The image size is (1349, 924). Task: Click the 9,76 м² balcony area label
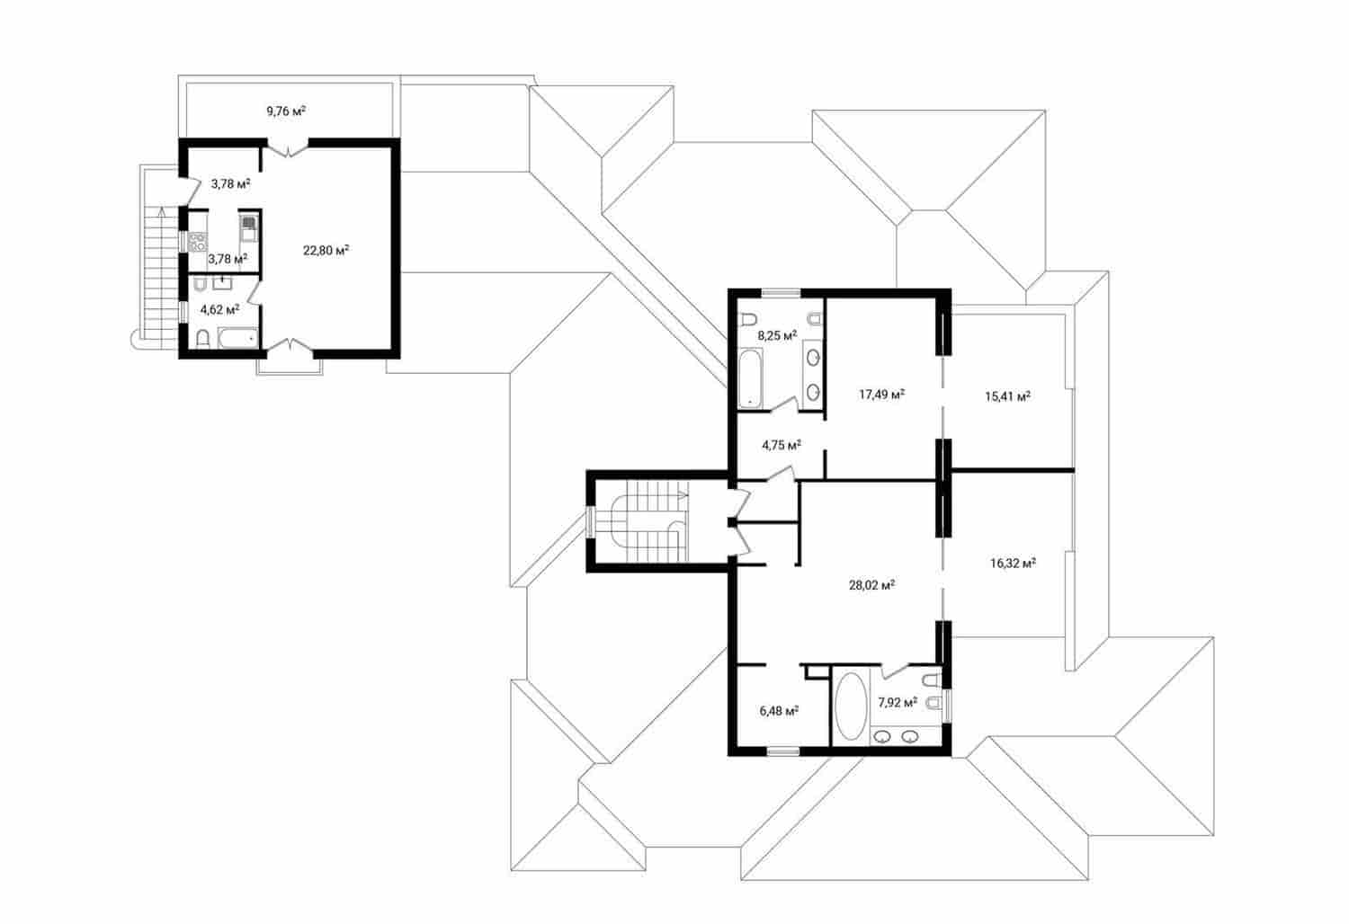point(285,111)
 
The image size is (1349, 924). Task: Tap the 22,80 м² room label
point(326,251)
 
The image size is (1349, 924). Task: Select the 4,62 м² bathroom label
point(219,309)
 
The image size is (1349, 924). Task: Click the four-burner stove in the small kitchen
point(197,241)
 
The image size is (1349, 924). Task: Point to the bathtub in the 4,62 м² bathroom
point(237,340)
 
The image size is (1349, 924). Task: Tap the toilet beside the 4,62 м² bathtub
point(203,339)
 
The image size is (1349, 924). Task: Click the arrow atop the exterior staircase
point(160,213)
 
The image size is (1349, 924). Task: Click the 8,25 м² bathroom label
point(777,335)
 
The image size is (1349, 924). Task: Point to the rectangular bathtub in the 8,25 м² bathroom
point(750,378)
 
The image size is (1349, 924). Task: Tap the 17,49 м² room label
point(881,395)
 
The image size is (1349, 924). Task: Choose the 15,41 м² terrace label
point(1007,395)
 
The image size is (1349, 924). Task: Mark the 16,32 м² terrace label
point(1013,564)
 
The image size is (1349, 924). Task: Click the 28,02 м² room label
point(871,585)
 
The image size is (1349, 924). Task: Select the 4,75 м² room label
point(781,444)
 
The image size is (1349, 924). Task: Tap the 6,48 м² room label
point(779,710)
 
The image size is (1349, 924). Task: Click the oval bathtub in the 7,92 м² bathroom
point(850,706)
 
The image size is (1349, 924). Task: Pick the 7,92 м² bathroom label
point(898,702)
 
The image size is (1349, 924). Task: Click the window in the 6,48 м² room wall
point(782,751)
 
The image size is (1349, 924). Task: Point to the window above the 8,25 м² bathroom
point(782,291)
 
